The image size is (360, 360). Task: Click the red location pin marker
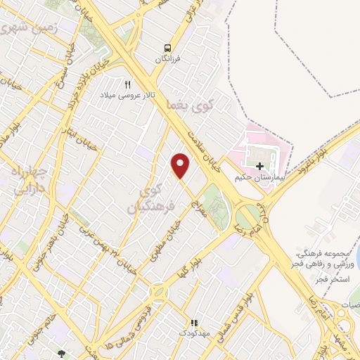[x=181, y=166]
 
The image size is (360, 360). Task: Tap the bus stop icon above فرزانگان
[x=167, y=47]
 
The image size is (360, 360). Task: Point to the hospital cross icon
[x=260, y=167]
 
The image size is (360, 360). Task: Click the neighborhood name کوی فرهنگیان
[x=146, y=198]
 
